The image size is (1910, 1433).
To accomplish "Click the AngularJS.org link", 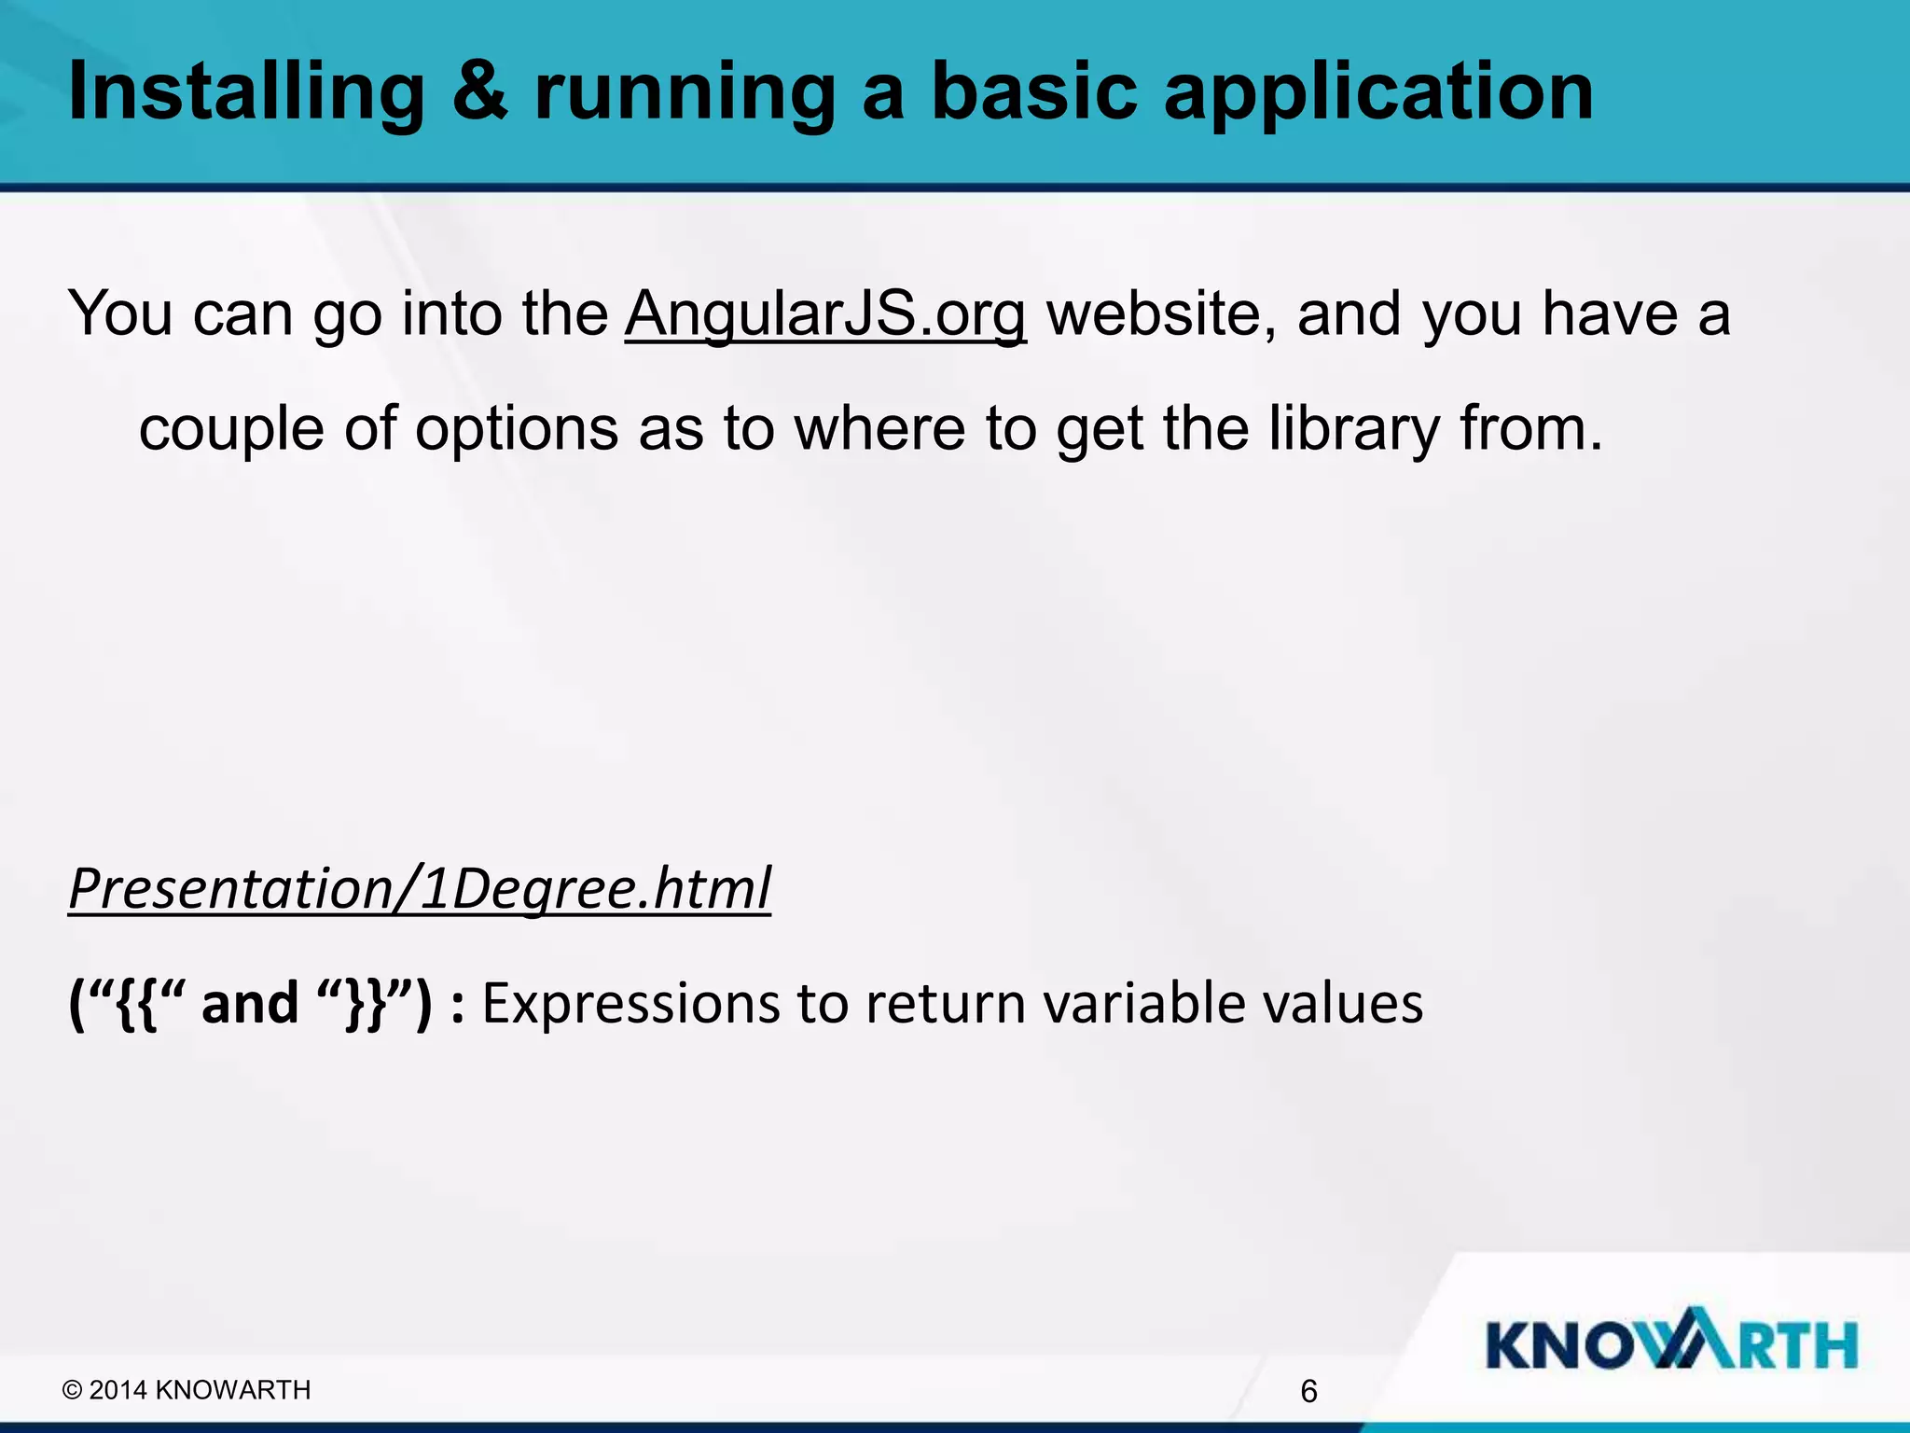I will click(825, 314).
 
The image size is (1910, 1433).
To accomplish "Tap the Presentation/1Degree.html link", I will click(420, 889).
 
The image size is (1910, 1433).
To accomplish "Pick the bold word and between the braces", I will click(249, 1004).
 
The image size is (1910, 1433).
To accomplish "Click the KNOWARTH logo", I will click(1671, 1344).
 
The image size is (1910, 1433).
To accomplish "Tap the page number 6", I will click(1308, 1392).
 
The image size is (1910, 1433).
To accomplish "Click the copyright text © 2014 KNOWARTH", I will click(187, 1390).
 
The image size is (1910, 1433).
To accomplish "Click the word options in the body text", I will click(517, 432).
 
